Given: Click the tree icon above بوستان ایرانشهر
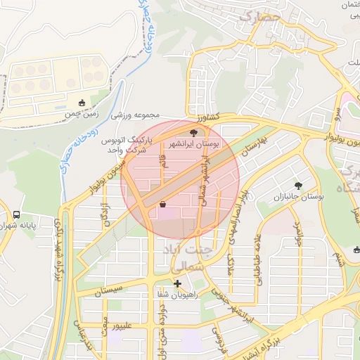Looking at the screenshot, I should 194,132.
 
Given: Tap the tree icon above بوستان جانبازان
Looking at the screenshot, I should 300,186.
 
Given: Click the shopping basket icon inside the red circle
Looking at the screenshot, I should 163,205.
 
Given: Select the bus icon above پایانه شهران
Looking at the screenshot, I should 16,214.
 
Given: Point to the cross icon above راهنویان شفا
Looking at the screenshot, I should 177,285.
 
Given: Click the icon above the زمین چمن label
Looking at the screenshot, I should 82,103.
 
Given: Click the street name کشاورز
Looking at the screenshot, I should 209,116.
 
